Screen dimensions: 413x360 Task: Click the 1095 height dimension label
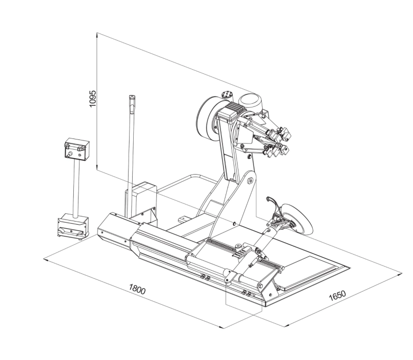pos(93,99)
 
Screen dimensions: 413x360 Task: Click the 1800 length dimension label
pos(137,289)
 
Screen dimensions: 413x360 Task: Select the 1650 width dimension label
pos(338,295)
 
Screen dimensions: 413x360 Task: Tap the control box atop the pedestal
pos(77,149)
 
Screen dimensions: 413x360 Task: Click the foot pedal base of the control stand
pos(73,226)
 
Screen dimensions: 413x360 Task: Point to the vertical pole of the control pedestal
pos(76,188)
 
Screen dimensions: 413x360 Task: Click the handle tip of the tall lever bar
pos(132,100)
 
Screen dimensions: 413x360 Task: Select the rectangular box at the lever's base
pos(144,200)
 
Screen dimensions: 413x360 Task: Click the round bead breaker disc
pos(298,218)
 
